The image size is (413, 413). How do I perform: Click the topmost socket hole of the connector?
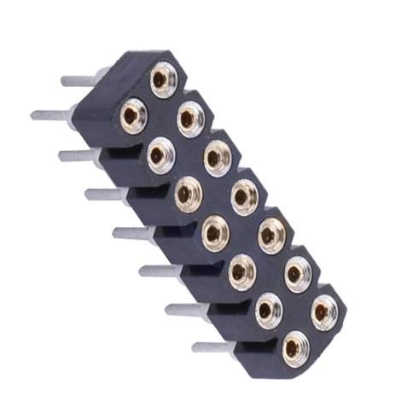point(162,79)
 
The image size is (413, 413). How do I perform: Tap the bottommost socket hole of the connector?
point(294,347)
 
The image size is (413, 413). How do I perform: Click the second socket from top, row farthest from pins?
point(189,118)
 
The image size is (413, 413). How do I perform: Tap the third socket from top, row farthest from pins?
point(217,157)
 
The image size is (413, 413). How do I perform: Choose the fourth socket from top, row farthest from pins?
point(244,196)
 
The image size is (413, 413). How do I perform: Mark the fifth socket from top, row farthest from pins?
point(271,234)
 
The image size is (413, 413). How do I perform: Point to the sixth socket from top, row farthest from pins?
point(298,273)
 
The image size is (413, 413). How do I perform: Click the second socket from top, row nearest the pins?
point(160,154)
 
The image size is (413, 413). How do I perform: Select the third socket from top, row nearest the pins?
point(188,194)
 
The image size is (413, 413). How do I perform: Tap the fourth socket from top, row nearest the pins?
point(215,231)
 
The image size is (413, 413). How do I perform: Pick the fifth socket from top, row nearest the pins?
point(241,270)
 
